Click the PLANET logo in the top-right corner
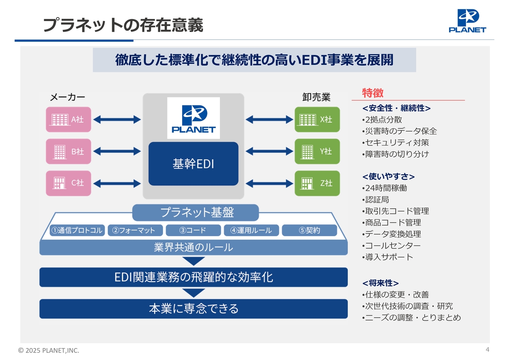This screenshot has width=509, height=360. pyautogui.click(x=467, y=21)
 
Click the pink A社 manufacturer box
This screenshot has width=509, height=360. pyautogui.click(x=68, y=119)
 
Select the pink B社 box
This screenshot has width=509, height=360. pyautogui.click(x=68, y=151)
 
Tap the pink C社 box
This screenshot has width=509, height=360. pyautogui.click(x=68, y=183)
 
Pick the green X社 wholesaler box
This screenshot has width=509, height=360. pyautogui.click(x=317, y=119)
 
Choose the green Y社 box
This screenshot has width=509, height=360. pyautogui.click(x=317, y=151)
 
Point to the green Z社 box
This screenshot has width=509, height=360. pyautogui.click(x=317, y=183)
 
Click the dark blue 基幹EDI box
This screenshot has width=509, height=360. pyautogui.click(x=193, y=163)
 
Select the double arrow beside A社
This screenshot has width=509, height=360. pyautogui.click(x=117, y=119)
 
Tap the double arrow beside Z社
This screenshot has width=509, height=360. pyautogui.click(x=269, y=183)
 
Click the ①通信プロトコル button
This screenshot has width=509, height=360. pyautogui.click(x=77, y=230)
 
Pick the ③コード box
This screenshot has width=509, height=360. pyautogui.click(x=193, y=230)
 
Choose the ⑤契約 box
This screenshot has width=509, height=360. pyautogui.click(x=309, y=230)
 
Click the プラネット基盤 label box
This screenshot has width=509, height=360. pyautogui.click(x=195, y=213)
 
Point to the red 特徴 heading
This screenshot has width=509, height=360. pyautogui.click(x=373, y=93)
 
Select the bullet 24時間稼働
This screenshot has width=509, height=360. pyautogui.click(x=386, y=188)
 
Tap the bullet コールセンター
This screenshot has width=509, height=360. pyautogui.click(x=392, y=245)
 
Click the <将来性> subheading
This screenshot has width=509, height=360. pyautogui.click(x=381, y=283)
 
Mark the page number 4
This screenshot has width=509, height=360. pyautogui.click(x=487, y=350)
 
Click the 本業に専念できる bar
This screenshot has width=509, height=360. pyautogui.click(x=193, y=309)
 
